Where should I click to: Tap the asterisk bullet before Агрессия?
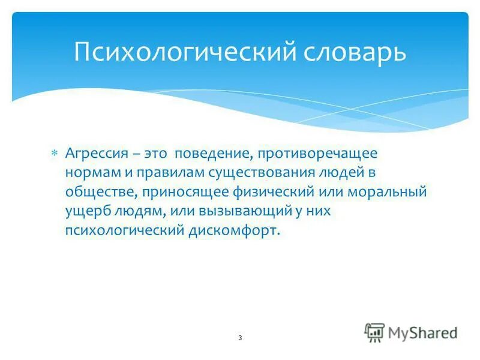[54, 154]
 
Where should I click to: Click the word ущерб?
[83, 212]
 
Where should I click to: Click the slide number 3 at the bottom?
[239, 338]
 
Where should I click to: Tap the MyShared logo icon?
[374, 332]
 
